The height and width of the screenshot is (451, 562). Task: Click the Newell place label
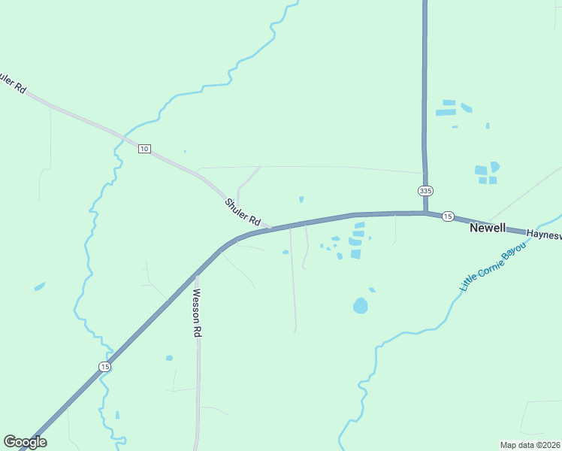pos(488,228)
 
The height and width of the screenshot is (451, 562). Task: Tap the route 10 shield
pos(144,149)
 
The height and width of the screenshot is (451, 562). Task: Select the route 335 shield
pos(426,191)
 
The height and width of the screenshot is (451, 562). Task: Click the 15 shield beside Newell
pos(448,216)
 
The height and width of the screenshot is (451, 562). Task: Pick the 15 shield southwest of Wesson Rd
pos(104,366)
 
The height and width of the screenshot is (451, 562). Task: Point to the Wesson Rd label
pos(197,312)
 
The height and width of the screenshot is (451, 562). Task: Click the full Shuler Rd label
pos(242,212)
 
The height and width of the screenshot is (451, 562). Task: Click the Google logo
pos(25,442)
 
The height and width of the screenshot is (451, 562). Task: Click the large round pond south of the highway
pos(361,305)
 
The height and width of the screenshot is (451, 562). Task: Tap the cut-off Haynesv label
pos(543,235)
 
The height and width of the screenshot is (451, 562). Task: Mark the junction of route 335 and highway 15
pos(425,213)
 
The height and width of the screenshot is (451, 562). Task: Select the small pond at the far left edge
pos(39,286)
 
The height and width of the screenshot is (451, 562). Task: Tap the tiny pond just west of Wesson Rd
pos(169,358)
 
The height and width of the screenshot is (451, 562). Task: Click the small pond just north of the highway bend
pos(301,199)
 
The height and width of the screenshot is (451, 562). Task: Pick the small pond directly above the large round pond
pos(372,289)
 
